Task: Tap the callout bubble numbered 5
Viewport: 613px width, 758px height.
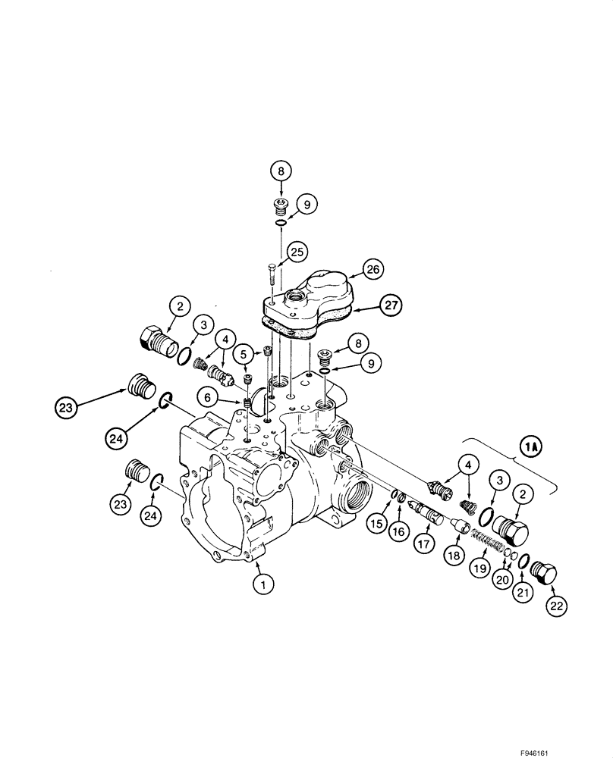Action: point(243,353)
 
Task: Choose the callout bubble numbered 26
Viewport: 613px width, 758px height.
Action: point(373,269)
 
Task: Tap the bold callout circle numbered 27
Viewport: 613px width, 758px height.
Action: point(391,307)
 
